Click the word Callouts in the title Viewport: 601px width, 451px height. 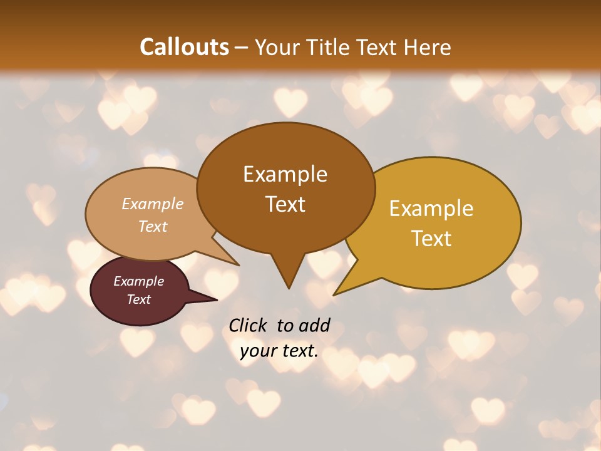(x=184, y=47)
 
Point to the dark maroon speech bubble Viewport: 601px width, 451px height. (x=139, y=291)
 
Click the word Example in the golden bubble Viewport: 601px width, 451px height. (x=431, y=209)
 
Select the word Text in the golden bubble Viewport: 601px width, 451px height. (x=431, y=238)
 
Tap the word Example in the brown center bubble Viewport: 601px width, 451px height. (x=285, y=174)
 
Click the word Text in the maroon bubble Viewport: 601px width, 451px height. (x=139, y=299)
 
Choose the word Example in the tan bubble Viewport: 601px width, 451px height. (x=153, y=204)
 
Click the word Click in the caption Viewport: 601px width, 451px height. (x=248, y=326)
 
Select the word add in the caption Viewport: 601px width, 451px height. (x=314, y=326)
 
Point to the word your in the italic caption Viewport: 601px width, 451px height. (x=257, y=351)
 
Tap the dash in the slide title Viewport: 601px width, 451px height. (x=242, y=47)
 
